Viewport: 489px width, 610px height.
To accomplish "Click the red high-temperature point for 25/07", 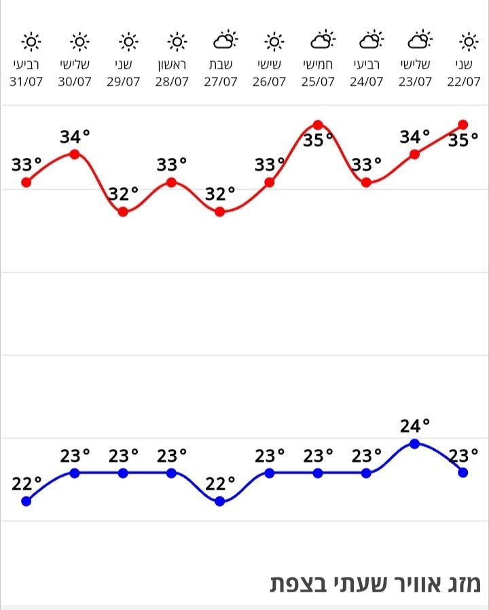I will point(318,125).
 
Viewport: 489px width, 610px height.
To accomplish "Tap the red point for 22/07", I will point(463,124).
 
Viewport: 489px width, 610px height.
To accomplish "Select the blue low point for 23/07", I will point(415,443).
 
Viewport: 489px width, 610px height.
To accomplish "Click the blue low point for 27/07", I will point(220,501).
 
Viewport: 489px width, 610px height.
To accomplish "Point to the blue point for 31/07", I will point(26,501).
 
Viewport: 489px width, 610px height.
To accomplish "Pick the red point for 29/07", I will point(123,211).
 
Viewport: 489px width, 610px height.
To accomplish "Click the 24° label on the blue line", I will point(415,426).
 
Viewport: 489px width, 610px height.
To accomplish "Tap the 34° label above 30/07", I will point(75,137).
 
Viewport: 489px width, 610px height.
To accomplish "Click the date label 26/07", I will point(269,82).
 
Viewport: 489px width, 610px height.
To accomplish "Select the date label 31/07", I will point(27,82).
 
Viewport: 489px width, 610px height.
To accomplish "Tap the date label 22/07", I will point(463,82).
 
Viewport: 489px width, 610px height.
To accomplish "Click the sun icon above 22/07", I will point(468,42).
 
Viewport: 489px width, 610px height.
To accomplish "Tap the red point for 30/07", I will point(75,154).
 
